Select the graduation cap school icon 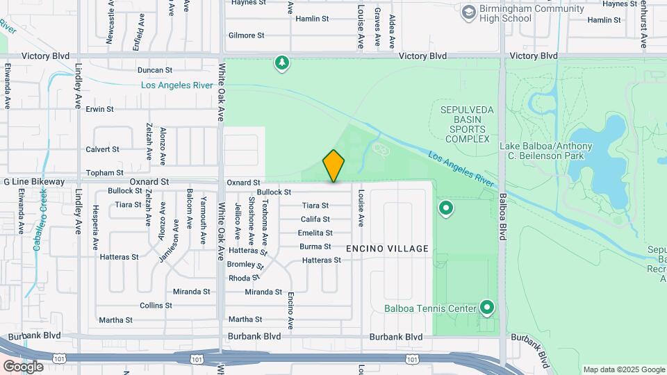tap(468, 12)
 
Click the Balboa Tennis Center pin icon tap(487, 307)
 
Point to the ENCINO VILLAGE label tap(387, 249)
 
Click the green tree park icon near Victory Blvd tap(281, 64)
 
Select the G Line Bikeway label tap(34, 182)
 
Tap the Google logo tap(22, 367)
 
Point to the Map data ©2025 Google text tap(624, 369)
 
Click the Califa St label tap(315, 219)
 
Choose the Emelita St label tap(315, 233)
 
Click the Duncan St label tap(154, 70)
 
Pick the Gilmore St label tap(247, 35)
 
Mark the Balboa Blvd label tap(502, 216)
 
